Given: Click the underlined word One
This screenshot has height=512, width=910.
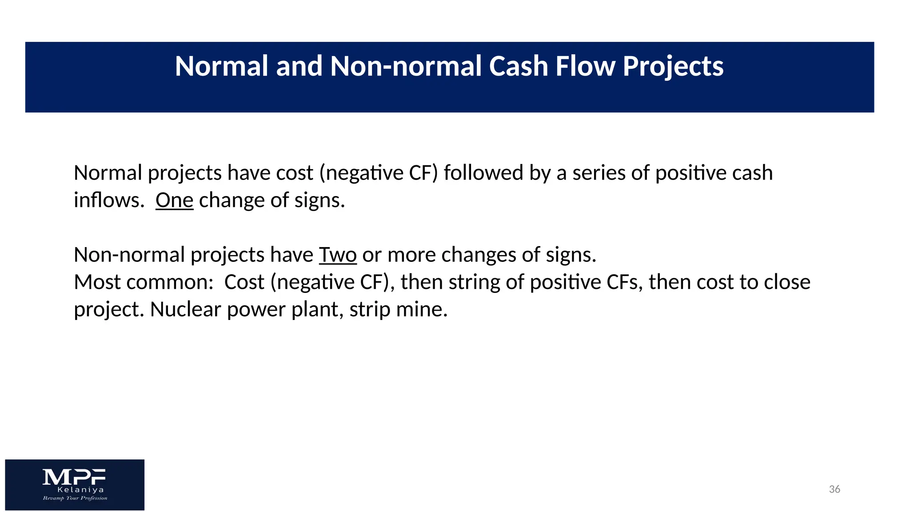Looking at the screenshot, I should pos(174,200).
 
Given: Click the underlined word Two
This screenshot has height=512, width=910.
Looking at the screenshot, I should pos(338,255).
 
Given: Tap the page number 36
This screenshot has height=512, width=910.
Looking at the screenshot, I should pos(834,489).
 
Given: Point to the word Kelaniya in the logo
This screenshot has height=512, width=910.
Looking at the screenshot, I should pos(80,490).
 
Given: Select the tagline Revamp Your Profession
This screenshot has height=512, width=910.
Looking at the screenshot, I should pos(75,498).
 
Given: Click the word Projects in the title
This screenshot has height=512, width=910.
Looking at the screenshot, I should pos(673,67).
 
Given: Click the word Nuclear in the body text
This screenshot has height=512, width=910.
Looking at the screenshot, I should pos(185,310).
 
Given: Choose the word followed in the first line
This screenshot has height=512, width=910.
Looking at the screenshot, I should pos(483,173).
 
